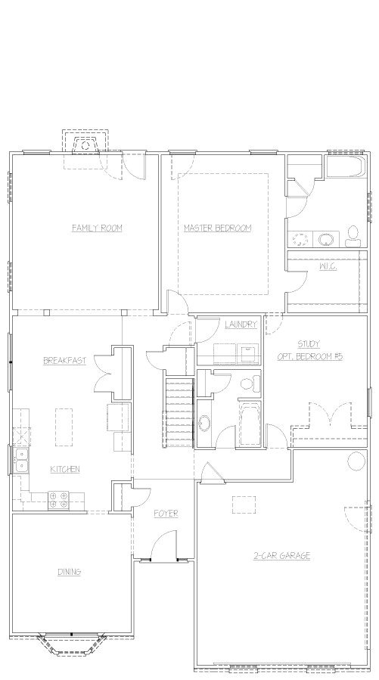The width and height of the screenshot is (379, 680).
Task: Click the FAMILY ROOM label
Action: tap(97, 228)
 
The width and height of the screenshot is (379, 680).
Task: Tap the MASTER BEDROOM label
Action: tap(218, 228)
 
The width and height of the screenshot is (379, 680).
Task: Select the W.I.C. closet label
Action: tap(328, 267)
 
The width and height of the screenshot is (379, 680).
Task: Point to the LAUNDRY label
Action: tap(241, 324)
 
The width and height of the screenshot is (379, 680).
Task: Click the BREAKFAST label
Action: tap(64, 360)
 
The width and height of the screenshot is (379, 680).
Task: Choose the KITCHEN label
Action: tap(65, 469)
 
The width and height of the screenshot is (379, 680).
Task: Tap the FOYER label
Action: tap(166, 514)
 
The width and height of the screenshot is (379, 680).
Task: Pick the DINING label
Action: tap(70, 572)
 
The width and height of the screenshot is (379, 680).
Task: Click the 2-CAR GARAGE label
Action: tap(282, 555)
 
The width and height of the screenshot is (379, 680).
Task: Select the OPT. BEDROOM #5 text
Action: tap(310, 356)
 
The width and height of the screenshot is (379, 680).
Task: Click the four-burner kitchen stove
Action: tap(58, 500)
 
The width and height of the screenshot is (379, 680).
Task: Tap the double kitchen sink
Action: tap(20, 461)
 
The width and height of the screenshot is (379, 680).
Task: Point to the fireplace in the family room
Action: tap(85, 145)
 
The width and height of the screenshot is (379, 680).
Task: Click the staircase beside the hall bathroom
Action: tap(178, 413)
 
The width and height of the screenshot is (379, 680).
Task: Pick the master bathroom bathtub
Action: tap(346, 166)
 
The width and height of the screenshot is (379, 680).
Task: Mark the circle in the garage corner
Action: tap(356, 461)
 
